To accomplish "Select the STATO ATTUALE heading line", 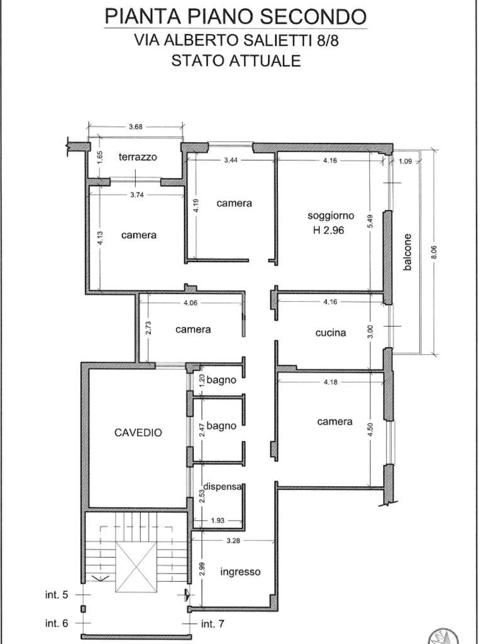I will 236,61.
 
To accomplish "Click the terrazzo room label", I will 138,157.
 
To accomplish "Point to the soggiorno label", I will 331,215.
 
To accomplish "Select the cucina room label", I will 330,333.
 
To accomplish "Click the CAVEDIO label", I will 138,432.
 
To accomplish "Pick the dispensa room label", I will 223,486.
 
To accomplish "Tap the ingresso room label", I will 240,572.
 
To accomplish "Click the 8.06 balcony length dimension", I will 433,252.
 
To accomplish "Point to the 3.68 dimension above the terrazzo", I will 135,126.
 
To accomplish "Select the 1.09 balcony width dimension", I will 405,161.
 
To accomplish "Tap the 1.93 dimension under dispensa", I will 218,520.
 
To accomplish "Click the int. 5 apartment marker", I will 56,594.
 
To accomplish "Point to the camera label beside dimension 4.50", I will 335,421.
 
